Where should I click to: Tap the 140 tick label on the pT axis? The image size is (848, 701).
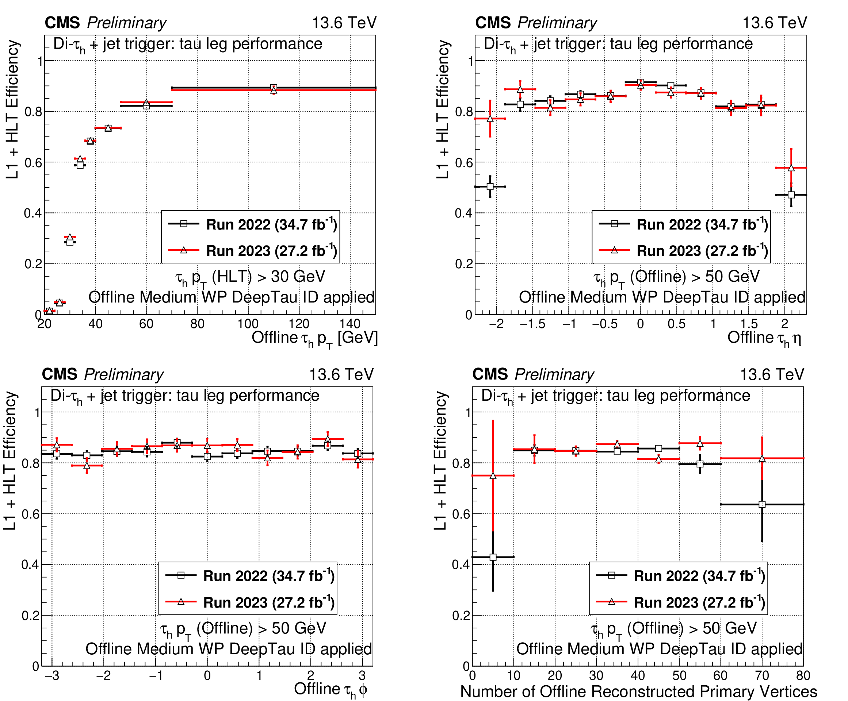coord(350,324)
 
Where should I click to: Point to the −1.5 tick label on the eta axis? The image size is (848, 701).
coord(532,324)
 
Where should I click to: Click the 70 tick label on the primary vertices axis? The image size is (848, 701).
coord(761,675)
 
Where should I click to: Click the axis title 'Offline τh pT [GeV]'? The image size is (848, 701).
coord(314,338)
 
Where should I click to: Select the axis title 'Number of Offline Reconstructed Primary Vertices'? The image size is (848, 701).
coord(638,691)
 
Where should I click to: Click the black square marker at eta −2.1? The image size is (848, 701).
coord(490,186)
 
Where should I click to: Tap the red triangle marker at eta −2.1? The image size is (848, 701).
coord(490,119)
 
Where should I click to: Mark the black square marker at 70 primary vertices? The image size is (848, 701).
coord(762,504)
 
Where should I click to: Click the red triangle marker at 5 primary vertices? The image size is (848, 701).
coord(493,476)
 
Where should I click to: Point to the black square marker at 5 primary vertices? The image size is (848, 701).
coord(493,557)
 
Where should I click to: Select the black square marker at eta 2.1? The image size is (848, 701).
coord(791,195)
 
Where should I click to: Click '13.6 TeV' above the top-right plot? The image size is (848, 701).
coord(775,23)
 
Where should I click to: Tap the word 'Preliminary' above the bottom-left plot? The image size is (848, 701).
coord(124,374)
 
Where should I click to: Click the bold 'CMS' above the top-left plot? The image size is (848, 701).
coord(62,23)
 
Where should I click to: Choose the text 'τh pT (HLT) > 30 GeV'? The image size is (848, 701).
coord(251,277)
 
